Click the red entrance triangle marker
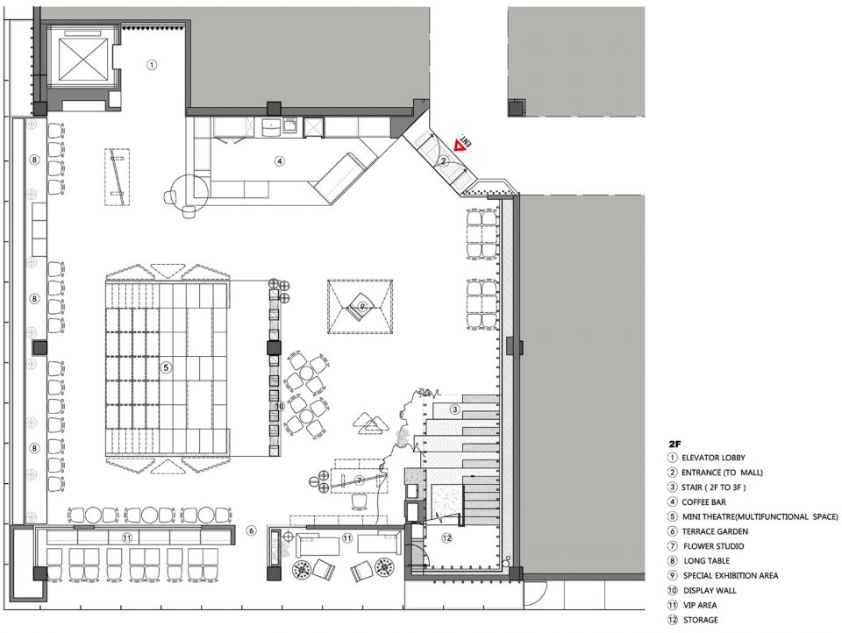point(459,145)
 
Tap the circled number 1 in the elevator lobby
point(152,65)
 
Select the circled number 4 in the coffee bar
point(279,160)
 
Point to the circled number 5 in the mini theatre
point(166,367)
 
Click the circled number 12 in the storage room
point(446,537)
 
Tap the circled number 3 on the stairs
point(455,410)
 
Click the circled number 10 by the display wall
point(279,407)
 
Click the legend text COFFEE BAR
point(703,502)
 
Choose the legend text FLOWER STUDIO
point(714,546)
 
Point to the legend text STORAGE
point(700,620)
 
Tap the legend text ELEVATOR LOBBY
point(713,458)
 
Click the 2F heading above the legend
point(674,445)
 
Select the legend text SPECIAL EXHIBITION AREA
point(731,575)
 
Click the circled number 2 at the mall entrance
point(444,160)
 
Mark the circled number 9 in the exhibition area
point(362,306)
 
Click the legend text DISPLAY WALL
point(710,591)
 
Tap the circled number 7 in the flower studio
point(360,480)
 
